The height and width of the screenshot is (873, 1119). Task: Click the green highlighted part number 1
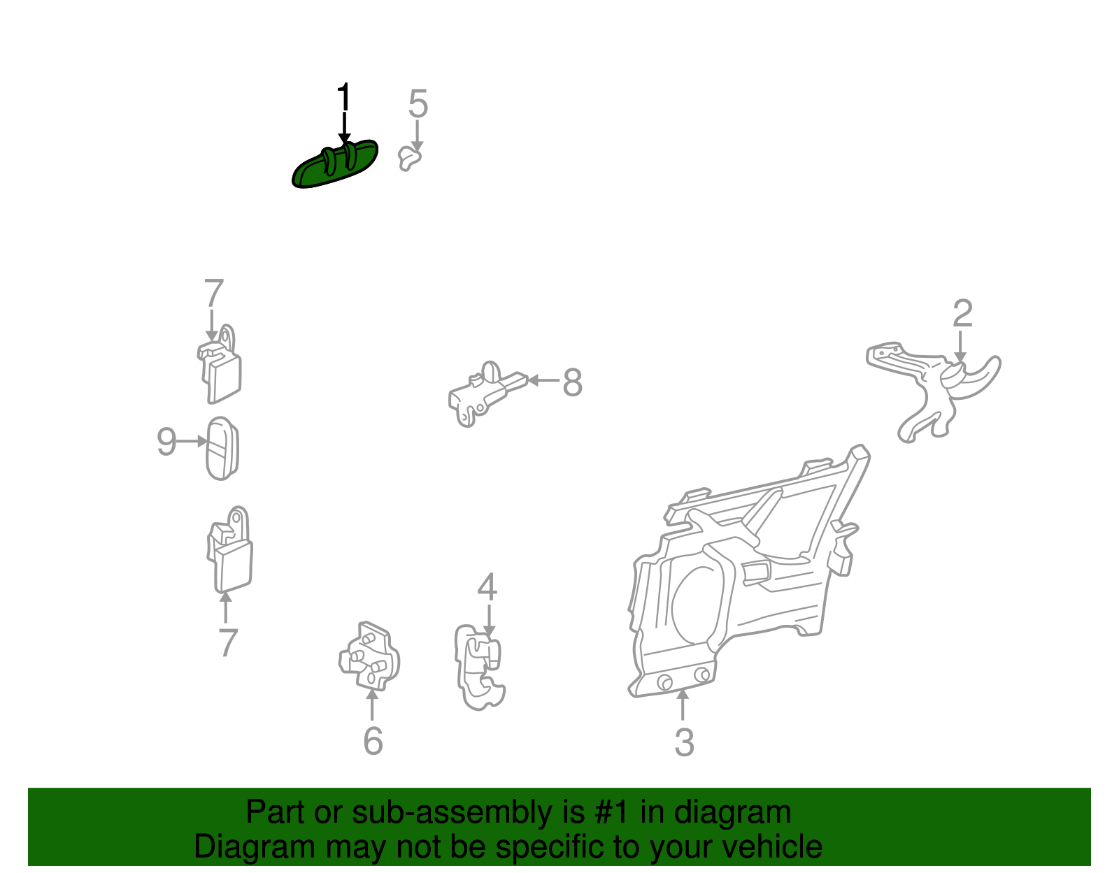pyautogui.click(x=335, y=166)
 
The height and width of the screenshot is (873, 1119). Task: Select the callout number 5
pyautogui.click(x=418, y=103)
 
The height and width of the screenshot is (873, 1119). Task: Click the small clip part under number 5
pyautogui.click(x=410, y=158)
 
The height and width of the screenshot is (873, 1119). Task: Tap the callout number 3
pyautogui.click(x=685, y=742)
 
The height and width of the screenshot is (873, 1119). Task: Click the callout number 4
pyautogui.click(x=487, y=587)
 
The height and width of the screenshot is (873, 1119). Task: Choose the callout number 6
pyautogui.click(x=373, y=741)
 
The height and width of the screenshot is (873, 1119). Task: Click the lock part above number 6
pyautogui.click(x=369, y=656)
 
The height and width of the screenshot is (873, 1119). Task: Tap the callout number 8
pyautogui.click(x=572, y=383)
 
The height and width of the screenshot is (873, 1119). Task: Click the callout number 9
pyautogui.click(x=166, y=441)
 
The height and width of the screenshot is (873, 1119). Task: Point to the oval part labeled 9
pyautogui.click(x=222, y=449)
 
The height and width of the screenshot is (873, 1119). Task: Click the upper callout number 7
pyautogui.click(x=214, y=294)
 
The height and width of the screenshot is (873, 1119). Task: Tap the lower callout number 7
pyautogui.click(x=227, y=642)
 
